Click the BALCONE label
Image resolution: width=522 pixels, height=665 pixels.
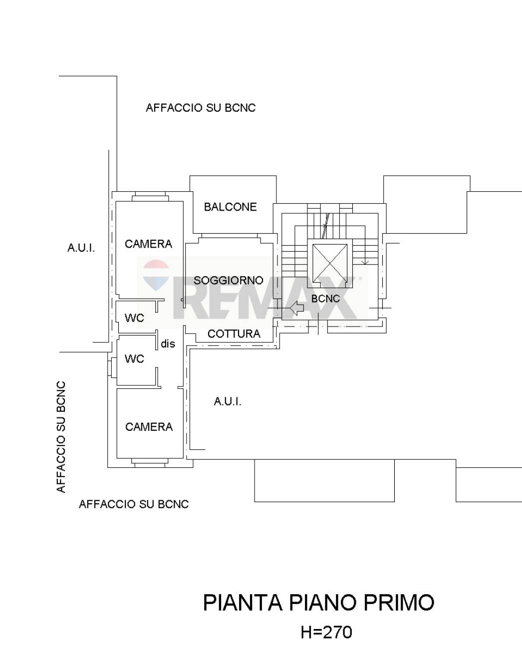pos(230,207)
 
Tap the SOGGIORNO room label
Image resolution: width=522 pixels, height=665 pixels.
pos(228,280)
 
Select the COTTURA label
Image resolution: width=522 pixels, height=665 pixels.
pos(234,333)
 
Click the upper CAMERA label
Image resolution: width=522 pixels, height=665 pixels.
pos(148,244)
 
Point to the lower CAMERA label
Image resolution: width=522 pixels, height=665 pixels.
pos(149,427)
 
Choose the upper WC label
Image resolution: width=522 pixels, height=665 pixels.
pos(134,318)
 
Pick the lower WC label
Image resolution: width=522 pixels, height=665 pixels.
pos(134,358)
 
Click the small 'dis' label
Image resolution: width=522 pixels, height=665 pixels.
pos(168,344)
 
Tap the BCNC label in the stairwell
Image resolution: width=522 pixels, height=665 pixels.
pos(325,299)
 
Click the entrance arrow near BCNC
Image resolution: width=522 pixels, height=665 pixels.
pos(297,309)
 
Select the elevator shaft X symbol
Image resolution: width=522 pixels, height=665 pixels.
pos(329,263)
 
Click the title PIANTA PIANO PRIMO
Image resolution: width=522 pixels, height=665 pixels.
pos(318,603)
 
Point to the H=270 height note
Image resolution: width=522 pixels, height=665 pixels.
pos(326,632)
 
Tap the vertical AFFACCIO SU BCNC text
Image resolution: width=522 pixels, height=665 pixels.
pos(61,437)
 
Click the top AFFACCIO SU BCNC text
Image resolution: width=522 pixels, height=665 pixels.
pos(201,108)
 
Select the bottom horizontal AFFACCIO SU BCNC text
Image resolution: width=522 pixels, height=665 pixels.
pos(134,504)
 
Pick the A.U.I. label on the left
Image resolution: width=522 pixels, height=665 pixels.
pos(81,248)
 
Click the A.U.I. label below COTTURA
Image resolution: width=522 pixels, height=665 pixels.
pos(228,401)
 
